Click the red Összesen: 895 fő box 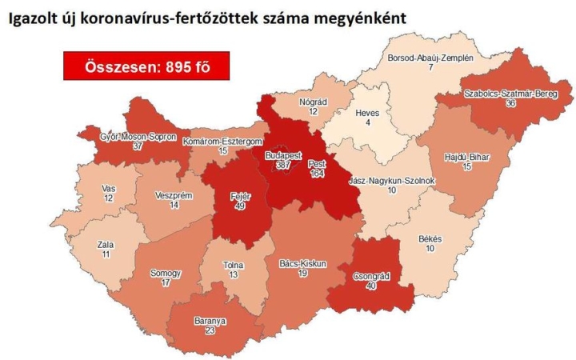coord(146,66)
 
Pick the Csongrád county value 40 coord(371,286)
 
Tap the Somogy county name coord(166,273)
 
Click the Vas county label coord(109,187)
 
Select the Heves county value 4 coord(366,124)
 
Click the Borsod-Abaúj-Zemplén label coord(430,58)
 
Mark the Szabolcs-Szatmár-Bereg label coord(500,94)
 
